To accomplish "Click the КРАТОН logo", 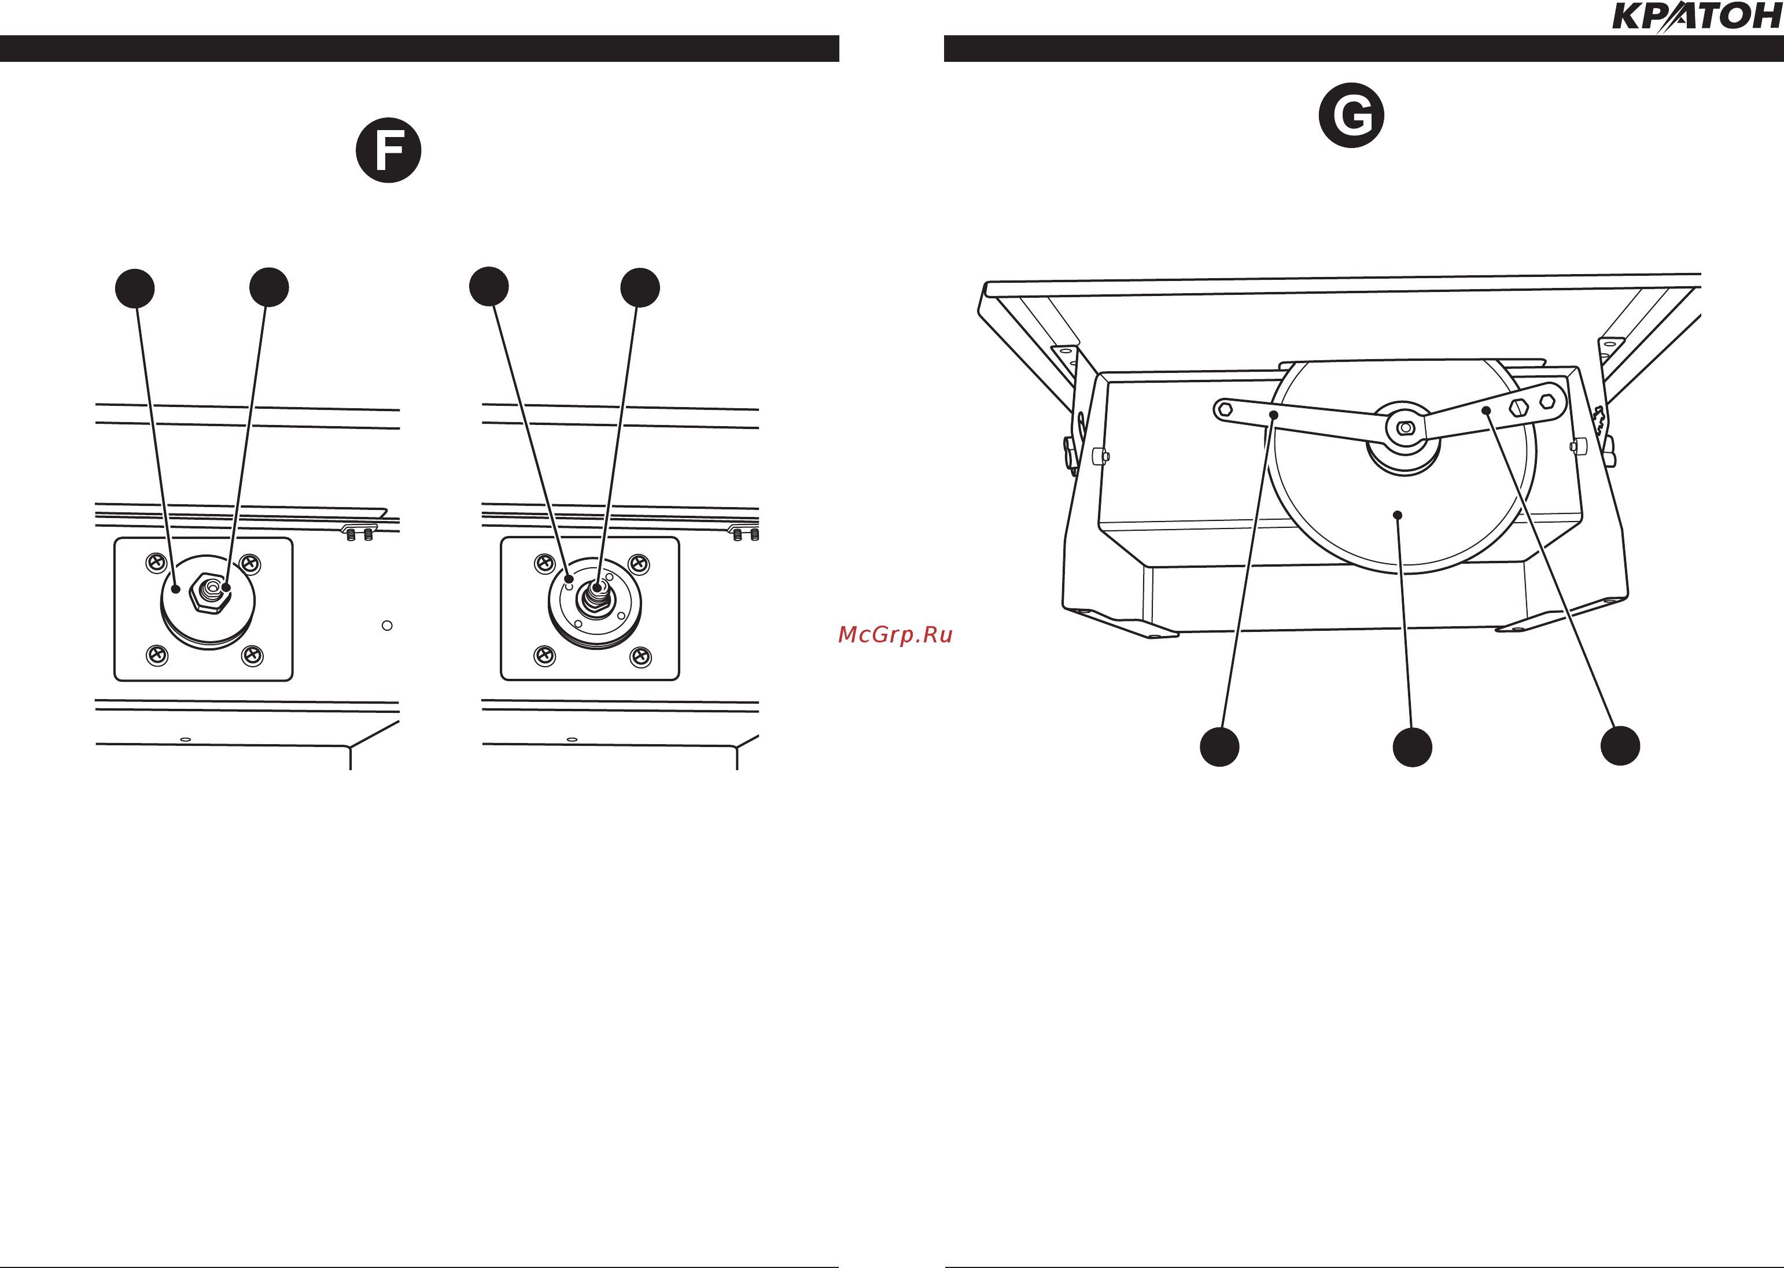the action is pyautogui.click(x=1697, y=17).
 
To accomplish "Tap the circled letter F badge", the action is pyautogui.click(x=388, y=150).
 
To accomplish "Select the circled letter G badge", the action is pyautogui.click(x=1351, y=116).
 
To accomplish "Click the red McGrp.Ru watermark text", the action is pyautogui.click(x=895, y=635).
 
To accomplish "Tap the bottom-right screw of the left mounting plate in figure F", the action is pyautogui.click(x=252, y=656).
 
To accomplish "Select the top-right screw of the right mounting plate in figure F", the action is pyautogui.click(x=639, y=563).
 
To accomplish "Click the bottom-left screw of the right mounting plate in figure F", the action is pyautogui.click(x=544, y=656).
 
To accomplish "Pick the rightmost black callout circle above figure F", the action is pyautogui.click(x=640, y=288).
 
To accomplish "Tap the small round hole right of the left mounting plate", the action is pyautogui.click(x=386, y=626).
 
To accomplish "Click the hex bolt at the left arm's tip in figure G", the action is pyautogui.click(x=1225, y=409).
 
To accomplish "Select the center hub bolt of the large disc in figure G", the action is pyautogui.click(x=1405, y=428).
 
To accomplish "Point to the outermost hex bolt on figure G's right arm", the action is pyautogui.click(x=1547, y=401).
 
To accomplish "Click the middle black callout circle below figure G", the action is pyautogui.click(x=1412, y=747).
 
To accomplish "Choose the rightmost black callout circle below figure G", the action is pyautogui.click(x=1620, y=746).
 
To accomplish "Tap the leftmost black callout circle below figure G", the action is pyautogui.click(x=1219, y=746).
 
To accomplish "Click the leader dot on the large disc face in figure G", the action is pyautogui.click(x=1398, y=515).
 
